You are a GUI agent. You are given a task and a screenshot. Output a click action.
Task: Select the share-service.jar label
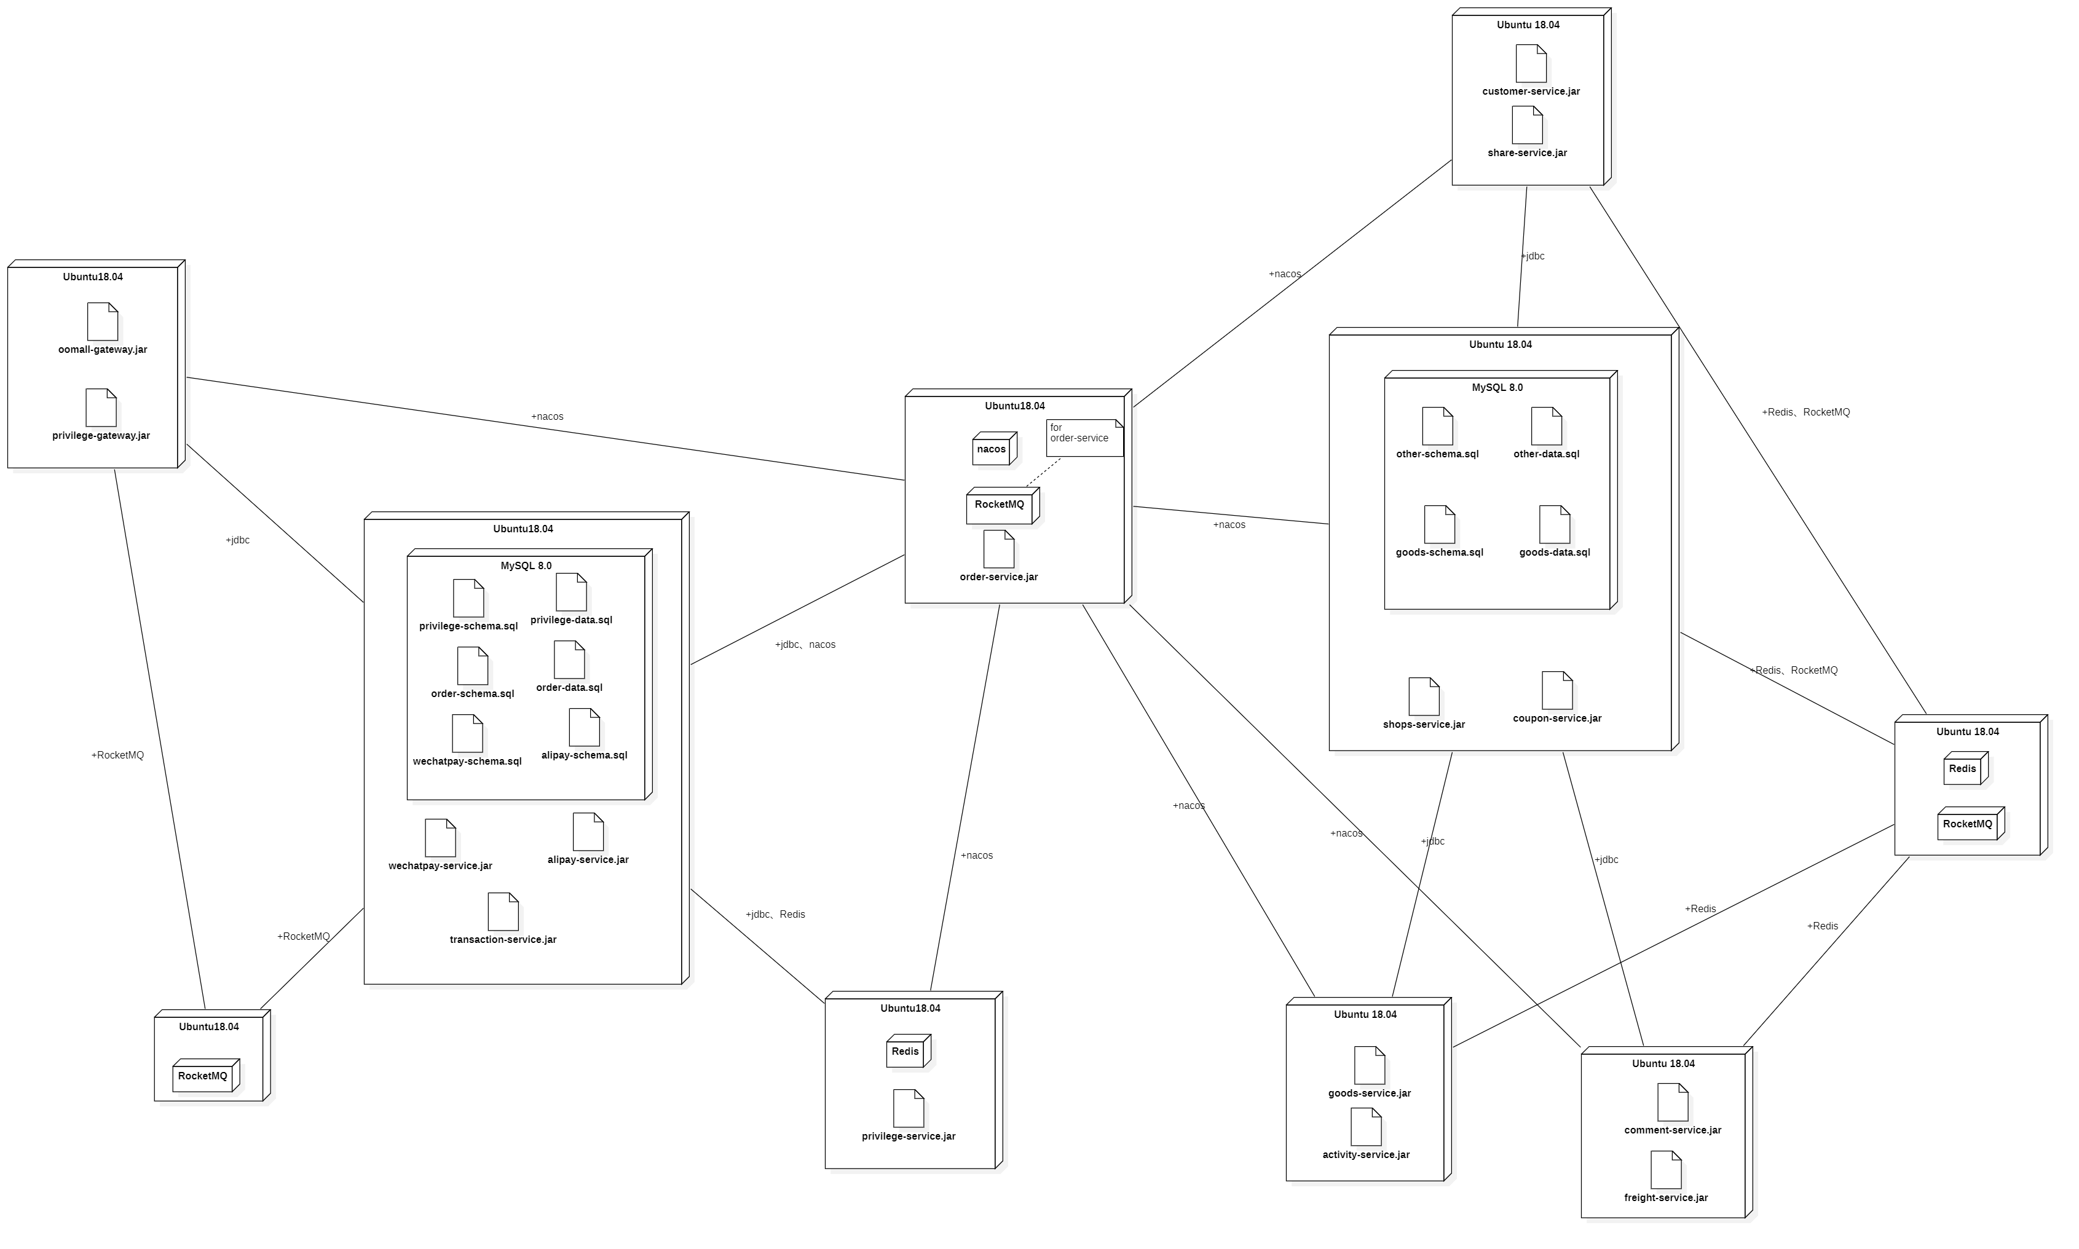click(x=1527, y=153)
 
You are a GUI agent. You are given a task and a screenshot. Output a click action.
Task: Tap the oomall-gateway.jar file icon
click(x=103, y=321)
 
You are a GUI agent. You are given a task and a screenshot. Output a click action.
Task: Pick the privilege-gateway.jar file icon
click(x=101, y=408)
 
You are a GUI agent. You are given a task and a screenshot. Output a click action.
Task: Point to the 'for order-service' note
click(x=1084, y=438)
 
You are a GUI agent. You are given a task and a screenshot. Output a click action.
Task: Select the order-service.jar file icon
click(x=998, y=549)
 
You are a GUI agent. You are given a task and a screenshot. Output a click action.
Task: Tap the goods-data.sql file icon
click(x=1554, y=524)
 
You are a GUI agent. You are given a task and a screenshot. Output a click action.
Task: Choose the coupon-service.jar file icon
click(x=1556, y=690)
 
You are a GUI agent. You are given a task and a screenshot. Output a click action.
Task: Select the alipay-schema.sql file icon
click(x=584, y=727)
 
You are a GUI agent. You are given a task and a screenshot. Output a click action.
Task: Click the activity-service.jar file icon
click(x=1365, y=1126)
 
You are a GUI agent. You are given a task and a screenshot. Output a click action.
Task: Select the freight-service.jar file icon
click(x=1666, y=1170)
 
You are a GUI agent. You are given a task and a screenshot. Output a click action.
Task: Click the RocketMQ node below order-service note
click(x=1001, y=506)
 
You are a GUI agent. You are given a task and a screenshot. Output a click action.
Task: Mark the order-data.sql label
click(x=569, y=688)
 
